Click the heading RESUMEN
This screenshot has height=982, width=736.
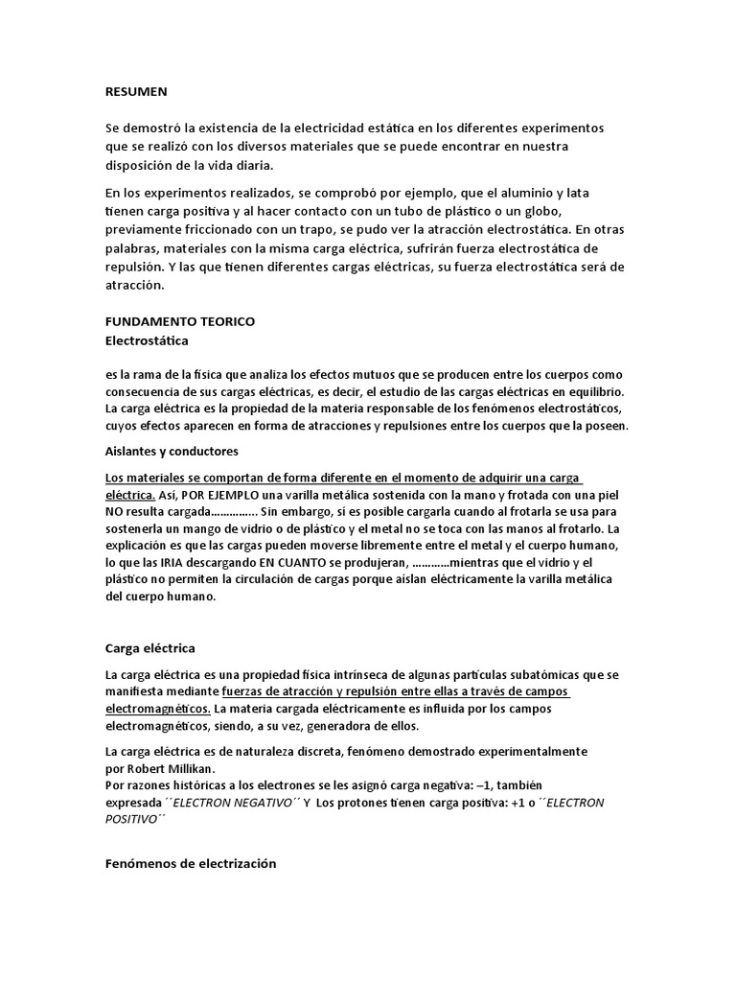tap(136, 91)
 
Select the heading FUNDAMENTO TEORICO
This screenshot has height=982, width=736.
tap(179, 321)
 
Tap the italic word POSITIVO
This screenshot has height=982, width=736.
tap(132, 820)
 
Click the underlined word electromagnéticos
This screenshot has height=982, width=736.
tap(158, 710)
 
